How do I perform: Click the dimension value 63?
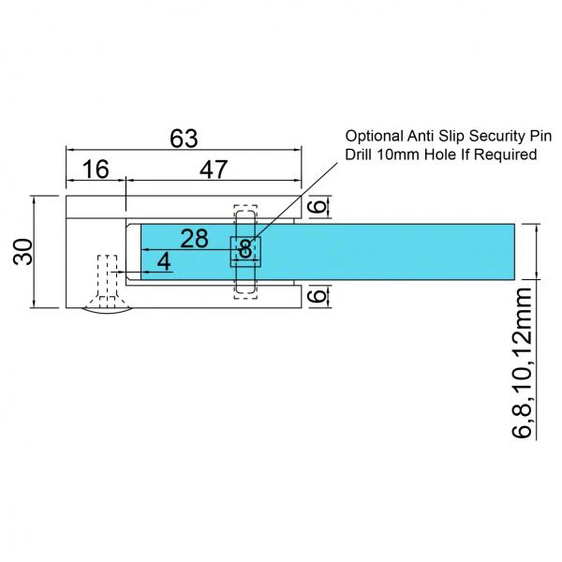pos(183,139)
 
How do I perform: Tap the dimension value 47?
pos(213,170)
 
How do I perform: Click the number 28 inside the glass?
pos(194,238)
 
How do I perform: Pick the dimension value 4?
pos(164,262)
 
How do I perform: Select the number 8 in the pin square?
pos(245,249)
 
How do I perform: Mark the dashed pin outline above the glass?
pos(245,214)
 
